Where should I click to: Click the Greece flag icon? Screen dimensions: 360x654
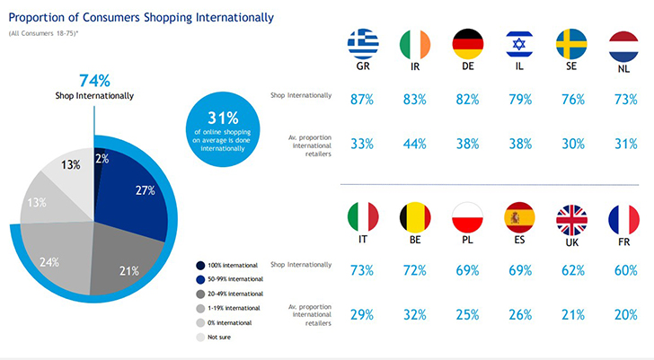click(363, 44)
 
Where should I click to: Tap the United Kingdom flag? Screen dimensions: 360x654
click(572, 217)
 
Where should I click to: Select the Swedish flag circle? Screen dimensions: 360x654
click(572, 44)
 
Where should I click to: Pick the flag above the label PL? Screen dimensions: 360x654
click(467, 217)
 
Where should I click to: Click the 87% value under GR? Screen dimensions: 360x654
click(363, 99)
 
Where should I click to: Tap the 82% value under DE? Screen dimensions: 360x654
click(467, 99)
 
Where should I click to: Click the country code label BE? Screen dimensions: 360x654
click(415, 241)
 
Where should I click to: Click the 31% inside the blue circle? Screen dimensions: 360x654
click(223, 117)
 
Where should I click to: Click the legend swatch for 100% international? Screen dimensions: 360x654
click(199, 266)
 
